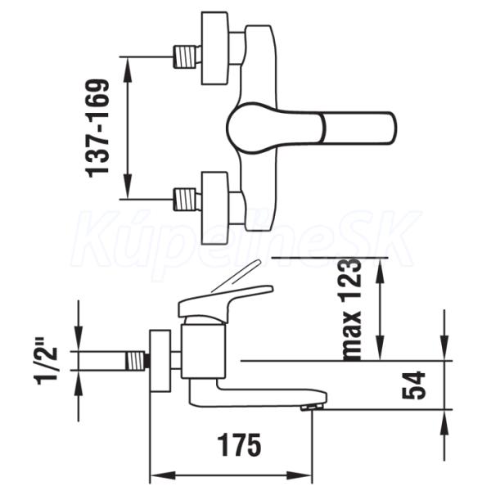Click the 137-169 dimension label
pos(97,128)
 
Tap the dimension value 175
pos(241,445)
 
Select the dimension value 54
pos(413,385)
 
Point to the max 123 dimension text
pos(351,309)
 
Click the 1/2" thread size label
pos(47,366)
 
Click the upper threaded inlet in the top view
pos(187,56)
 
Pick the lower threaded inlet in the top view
pos(187,199)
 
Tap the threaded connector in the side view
pos(137,360)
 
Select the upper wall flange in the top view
pos(214,48)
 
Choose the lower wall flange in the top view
pos(214,208)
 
